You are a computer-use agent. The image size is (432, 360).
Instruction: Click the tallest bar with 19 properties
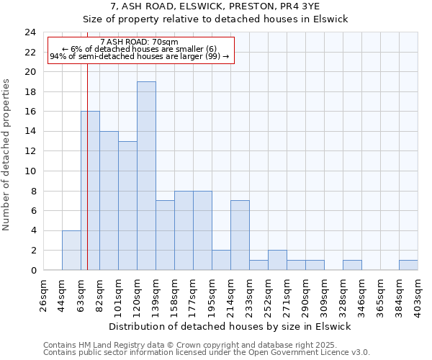[146, 176]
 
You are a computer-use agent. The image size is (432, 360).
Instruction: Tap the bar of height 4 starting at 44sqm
[71, 250]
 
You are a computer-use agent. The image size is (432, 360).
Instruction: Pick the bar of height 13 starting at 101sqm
[127, 205]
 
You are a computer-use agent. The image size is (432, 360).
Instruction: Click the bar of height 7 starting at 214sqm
[240, 235]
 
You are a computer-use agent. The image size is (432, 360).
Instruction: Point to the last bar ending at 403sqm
[408, 265]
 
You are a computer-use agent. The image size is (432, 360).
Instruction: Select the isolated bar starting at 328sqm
[352, 265]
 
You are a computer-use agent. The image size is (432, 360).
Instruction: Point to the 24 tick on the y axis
[30, 32]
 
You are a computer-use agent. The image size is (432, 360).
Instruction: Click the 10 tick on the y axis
[30, 171]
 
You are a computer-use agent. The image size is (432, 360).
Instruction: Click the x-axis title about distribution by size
[230, 326]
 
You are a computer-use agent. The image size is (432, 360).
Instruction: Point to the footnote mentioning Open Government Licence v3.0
[207, 353]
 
